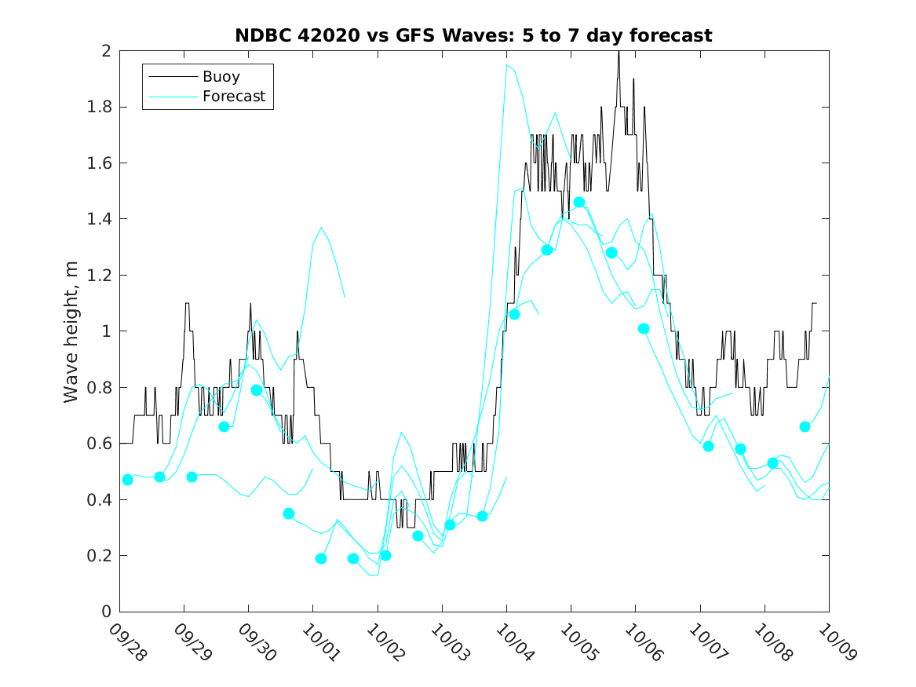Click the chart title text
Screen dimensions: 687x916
point(473,35)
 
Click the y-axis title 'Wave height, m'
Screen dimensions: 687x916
point(71,332)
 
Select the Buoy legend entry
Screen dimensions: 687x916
point(221,77)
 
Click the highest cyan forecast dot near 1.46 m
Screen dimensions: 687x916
point(579,203)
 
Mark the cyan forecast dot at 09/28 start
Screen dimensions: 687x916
point(128,480)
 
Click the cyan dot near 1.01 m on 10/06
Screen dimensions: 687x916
point(644,328)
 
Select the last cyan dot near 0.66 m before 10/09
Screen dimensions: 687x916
point(805,426)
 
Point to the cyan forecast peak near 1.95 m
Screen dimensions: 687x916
point(507,65)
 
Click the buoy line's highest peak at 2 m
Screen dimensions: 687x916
point(619,52)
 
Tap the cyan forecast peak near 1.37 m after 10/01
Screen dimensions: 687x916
point(322,228)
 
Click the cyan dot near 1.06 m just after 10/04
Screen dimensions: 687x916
point(515,314)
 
